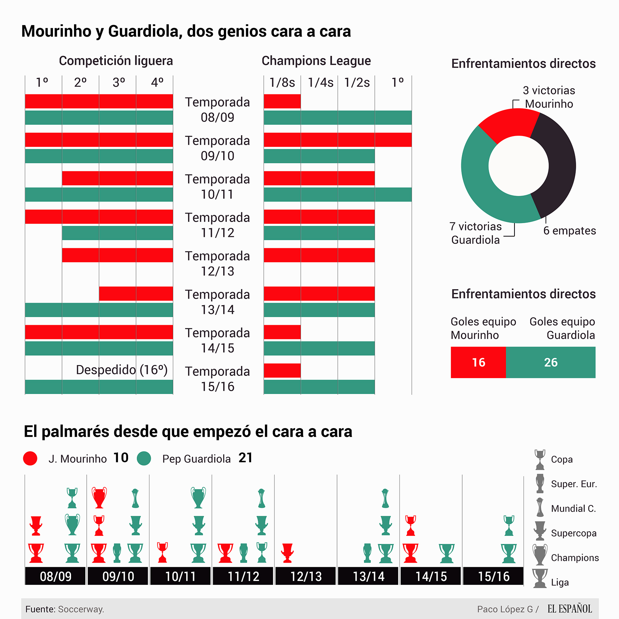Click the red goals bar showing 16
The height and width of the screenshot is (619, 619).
[478, 362]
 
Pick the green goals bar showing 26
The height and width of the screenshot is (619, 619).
[550, 362]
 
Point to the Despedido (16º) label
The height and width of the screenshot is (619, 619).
[122, 370]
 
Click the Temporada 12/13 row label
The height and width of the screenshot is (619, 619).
[217, 263]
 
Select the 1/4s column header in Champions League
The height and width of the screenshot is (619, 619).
[320, 83]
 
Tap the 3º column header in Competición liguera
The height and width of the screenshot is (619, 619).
[119, 83]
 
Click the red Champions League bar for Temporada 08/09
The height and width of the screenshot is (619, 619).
[282, 102]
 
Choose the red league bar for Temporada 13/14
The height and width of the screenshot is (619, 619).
[136, 294]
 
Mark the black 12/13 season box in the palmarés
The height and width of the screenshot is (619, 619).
[306, 576]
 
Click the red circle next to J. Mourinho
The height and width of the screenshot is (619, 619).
[30, 458]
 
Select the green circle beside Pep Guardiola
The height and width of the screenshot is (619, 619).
[144, 458]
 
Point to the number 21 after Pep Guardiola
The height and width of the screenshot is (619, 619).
[245, 458]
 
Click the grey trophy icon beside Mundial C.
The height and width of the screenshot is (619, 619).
[540, 507]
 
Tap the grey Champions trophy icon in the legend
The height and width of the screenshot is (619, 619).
[540, 555]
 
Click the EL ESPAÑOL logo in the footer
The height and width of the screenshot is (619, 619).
[570, 609]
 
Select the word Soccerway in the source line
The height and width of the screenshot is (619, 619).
[81, 609]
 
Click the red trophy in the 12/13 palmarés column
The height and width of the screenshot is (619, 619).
[287, 553]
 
